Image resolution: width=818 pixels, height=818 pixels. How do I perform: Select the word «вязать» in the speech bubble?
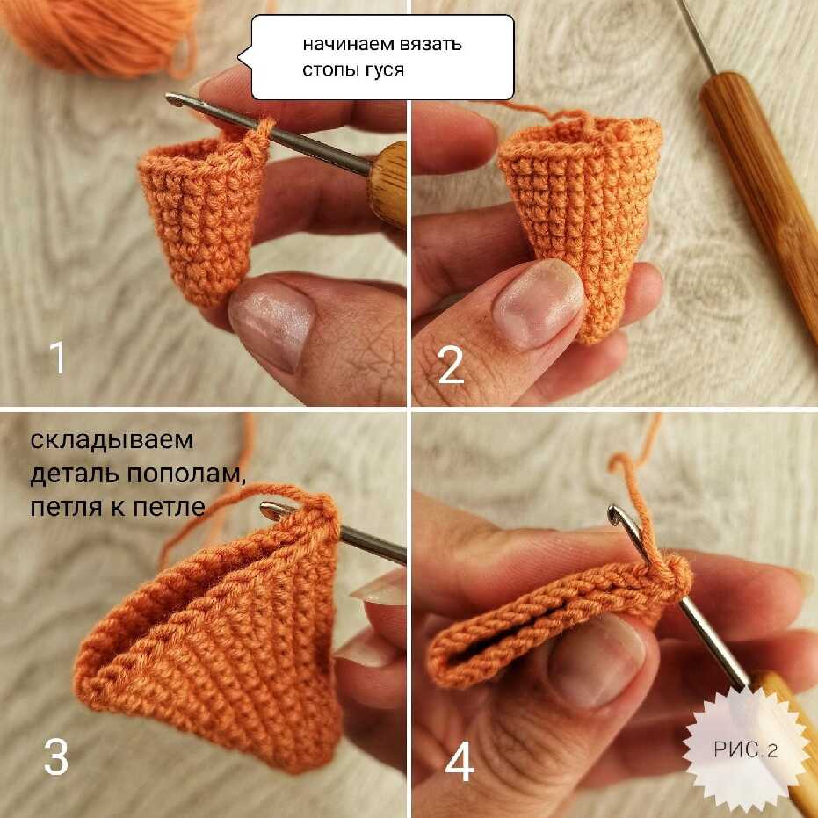431,44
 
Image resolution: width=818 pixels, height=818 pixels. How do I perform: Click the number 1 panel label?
57,357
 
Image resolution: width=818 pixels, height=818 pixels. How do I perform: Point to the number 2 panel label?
451,365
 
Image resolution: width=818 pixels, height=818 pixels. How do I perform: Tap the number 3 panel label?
56,756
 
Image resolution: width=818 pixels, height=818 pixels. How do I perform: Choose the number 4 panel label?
460,762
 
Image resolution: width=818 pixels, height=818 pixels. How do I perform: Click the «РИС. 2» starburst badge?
745,749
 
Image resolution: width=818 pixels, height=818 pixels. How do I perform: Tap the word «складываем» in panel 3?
112,441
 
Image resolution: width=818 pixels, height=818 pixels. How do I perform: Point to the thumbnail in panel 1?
272,324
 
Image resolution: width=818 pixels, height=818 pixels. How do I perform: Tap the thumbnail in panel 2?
538,303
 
